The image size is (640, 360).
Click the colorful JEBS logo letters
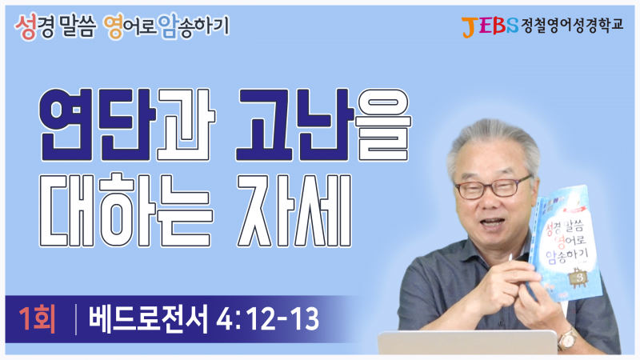(x=490, y=26)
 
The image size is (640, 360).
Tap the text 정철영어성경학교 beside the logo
(x=572, y=26)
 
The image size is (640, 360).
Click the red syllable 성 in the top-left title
(x=26, y=27)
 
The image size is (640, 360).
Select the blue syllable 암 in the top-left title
(x=169, y=27)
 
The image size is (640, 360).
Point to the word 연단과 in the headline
(x=127, y=125)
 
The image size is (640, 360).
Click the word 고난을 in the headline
(x=324, y=125)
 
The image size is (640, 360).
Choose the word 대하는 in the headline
(x=126, y=210)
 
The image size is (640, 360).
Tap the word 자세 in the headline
(x=294, y=210)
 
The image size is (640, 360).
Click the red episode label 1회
(x=37, y=319)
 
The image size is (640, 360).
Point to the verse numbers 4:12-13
(x=267, y=319)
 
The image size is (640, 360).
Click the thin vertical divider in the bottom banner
(x=76, y=319)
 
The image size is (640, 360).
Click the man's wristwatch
(x=568, y=338)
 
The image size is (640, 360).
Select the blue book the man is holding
(x=564, y=244)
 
